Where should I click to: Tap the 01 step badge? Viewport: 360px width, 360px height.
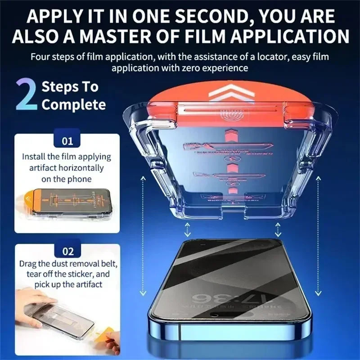click(67, 141)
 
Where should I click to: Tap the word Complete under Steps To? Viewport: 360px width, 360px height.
click(73, 105)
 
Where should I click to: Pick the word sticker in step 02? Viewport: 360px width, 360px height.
click(90, 274)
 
